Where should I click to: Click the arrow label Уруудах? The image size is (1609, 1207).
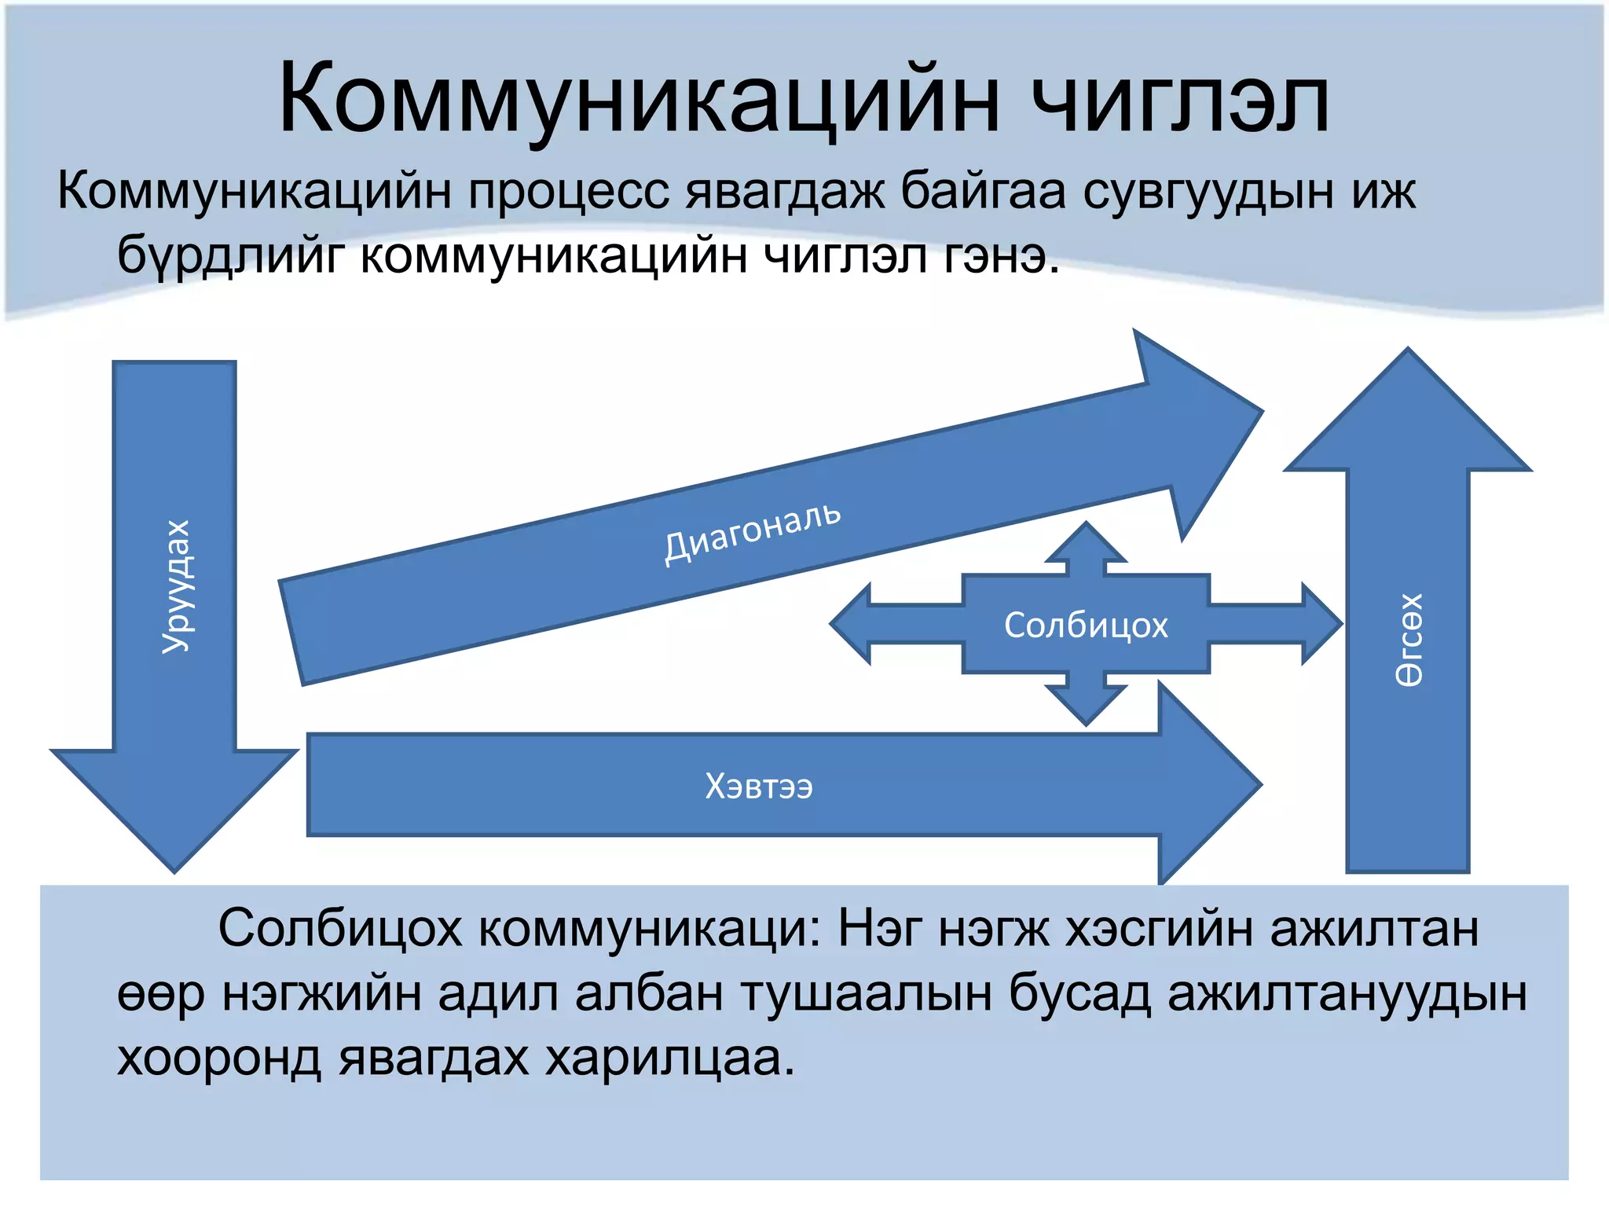[x=176, y=586]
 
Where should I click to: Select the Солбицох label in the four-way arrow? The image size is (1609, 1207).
[x=1086, y=626]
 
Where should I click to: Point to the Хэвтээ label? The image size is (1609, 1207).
[x=759, y=786]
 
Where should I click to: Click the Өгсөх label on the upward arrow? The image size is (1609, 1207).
[x=1409, y=640]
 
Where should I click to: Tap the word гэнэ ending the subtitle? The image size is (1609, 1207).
[x=1001, y=255]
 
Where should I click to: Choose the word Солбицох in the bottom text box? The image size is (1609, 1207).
[x=339, y=929]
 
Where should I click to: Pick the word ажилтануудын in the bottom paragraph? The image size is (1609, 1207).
[x=1347, y=993]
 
